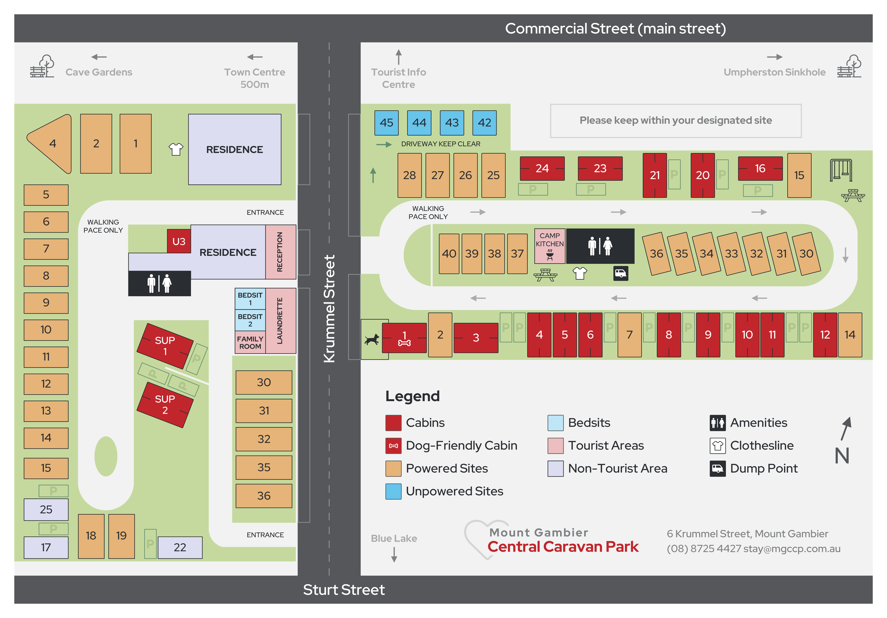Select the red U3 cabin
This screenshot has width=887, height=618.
[179, 241]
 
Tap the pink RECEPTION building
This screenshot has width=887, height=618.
[280, 252]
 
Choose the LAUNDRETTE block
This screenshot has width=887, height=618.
[280, 321]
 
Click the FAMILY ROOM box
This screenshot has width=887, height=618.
[250, 342]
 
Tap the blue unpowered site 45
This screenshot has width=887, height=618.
[386, 123]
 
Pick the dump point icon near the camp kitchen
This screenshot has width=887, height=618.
[620, 273]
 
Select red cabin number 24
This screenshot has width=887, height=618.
[542, 168]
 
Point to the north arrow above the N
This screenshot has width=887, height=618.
[846, 428]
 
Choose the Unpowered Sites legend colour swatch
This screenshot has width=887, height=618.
[393, 491]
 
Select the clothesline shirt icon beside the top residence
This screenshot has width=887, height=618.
[176, 149]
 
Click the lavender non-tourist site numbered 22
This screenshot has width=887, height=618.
[180, 547]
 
